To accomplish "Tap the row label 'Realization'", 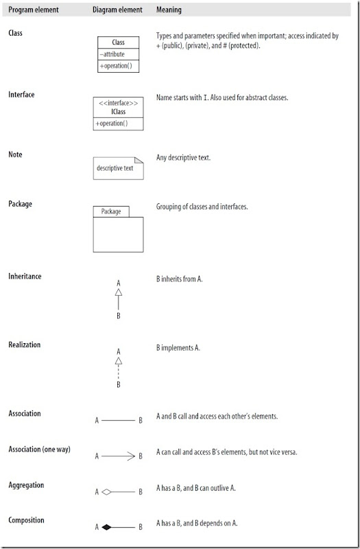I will click(25, 344).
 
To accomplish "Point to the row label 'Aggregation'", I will click(26, 484).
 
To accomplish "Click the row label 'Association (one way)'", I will click(39, 450).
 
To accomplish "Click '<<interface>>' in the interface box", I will click(118, 103).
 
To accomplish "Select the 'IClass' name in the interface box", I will click(118, 112).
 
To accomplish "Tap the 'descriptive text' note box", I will click(117, 167).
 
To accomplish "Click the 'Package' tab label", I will click(110, 211).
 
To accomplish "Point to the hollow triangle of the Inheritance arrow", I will click(118, 293).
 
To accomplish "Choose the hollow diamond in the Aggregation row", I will click(107, 491).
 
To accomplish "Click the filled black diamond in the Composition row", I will click(107, 527).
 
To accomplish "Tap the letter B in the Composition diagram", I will click(141, 527).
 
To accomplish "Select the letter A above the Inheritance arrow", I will click(118, 283).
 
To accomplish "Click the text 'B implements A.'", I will click(178, 348).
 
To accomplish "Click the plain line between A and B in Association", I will click(118, 420).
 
